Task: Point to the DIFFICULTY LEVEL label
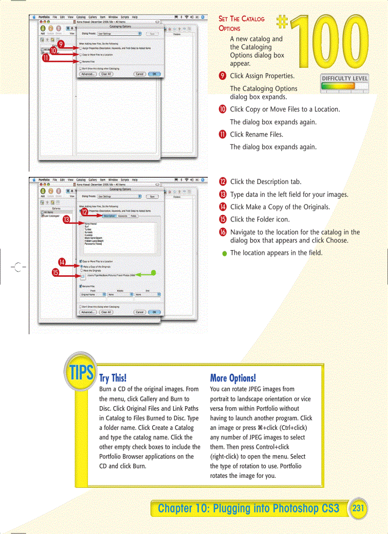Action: click(345, 78)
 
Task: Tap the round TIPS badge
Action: click(82, 373)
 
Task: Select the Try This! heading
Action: click(113, 379)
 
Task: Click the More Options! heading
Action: click(233, 379)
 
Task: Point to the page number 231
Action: click(358, 508)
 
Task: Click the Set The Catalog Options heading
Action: click(241, 23)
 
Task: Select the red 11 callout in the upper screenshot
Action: click(45, 59)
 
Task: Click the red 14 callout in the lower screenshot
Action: click(62, 262)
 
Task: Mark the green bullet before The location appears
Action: click(223, 253)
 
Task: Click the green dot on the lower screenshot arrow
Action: click(153, 272)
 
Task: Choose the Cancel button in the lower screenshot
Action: click(139, 312)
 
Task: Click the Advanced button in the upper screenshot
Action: click(87, 74)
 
